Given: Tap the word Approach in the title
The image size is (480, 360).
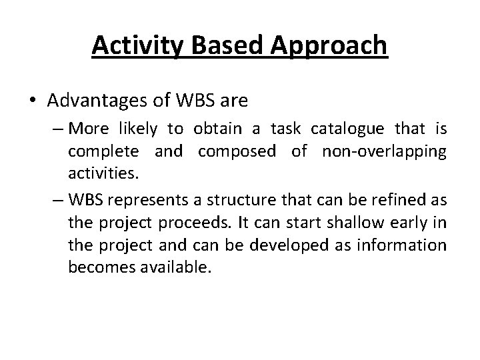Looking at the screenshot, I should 328,46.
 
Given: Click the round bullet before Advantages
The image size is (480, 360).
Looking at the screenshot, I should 33,101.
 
